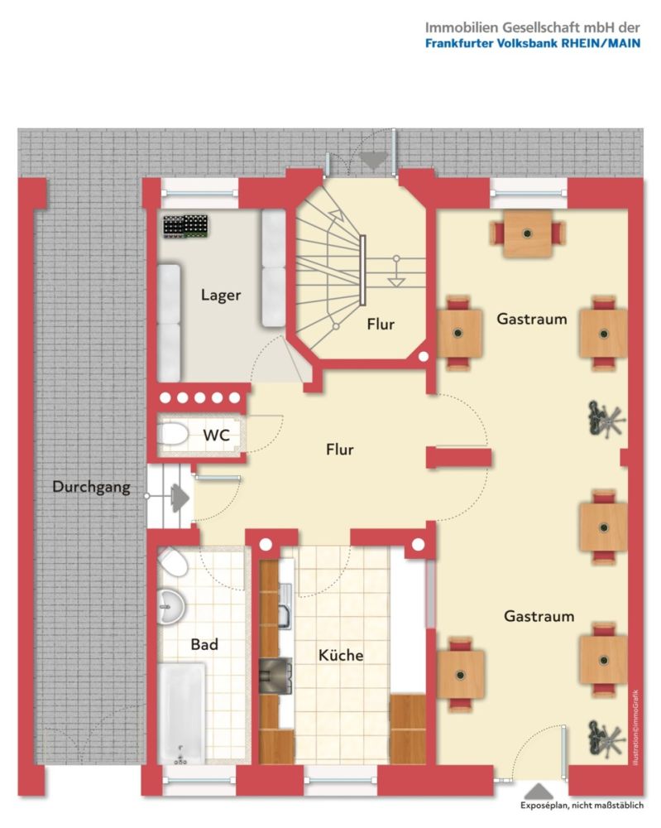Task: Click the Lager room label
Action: tap(221, 295)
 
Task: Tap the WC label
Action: tap(216, 435)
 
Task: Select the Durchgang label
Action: tap(91, 487)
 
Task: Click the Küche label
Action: tap(341, 655)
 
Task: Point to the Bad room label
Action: tap(204, 643)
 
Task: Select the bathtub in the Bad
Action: tap(181, 712)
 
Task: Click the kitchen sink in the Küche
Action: tap(281, 614)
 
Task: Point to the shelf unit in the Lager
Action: tap(184, 225)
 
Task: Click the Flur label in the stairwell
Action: tap(381, 325)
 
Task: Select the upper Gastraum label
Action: tap(532, 319)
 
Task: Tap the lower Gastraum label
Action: tap(539, 616)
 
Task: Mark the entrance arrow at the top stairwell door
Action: tap(374, 162)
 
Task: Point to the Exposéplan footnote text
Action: tap(587, 806)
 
